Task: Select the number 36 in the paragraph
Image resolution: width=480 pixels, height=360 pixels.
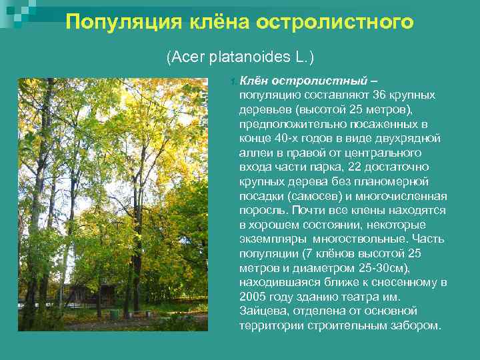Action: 379,95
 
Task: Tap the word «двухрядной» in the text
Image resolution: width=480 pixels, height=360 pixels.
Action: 411,138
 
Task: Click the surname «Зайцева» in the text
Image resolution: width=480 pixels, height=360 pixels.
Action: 259,311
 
